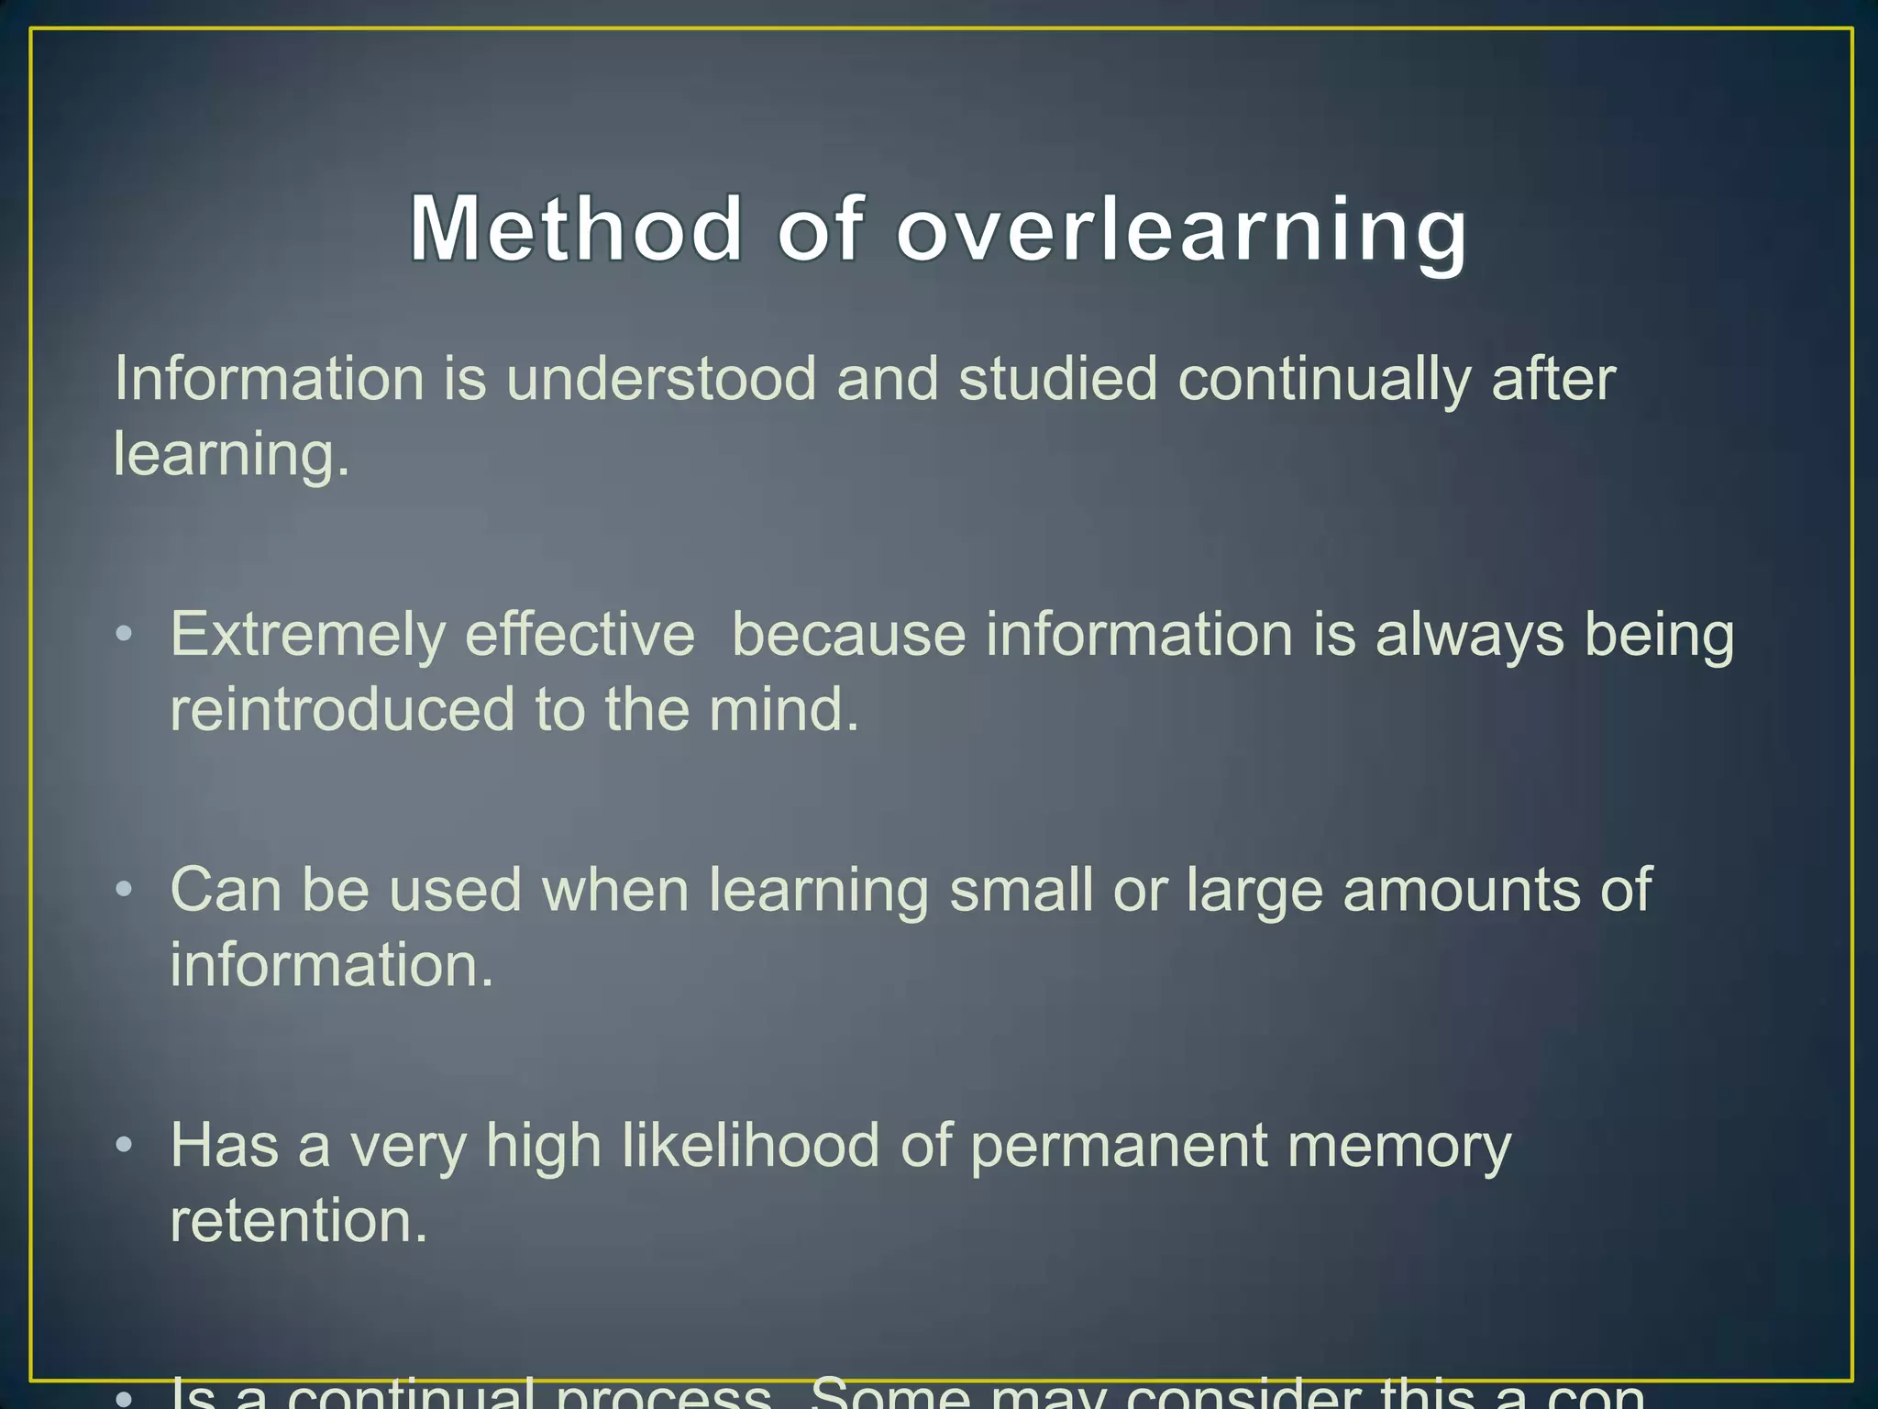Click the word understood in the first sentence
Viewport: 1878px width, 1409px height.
661,379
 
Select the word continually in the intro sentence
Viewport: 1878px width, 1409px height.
1324,381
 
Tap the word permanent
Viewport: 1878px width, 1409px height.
1118,1147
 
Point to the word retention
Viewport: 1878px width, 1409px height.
299,1220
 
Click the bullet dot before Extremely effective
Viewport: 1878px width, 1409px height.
125,634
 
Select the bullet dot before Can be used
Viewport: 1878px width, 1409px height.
125,889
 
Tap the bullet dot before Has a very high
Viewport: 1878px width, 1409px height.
125,1145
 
